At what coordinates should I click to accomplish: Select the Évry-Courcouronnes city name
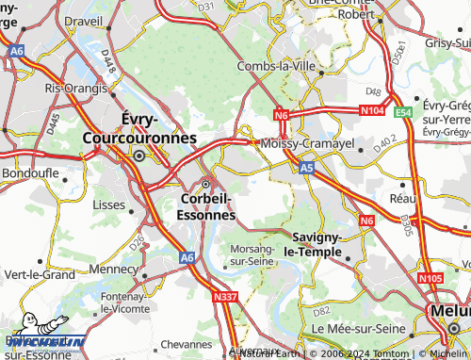pos(140,128)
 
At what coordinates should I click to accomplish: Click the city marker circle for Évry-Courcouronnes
pos(140,155)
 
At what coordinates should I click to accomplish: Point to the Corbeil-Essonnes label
pos(205,206)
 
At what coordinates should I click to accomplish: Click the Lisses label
pos(108,204)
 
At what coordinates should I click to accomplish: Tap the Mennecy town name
pos(111,269)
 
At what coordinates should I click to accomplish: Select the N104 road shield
pos(374,110)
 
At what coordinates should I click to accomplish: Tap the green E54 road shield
pos(403,111)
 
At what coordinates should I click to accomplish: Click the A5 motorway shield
pos(306,168)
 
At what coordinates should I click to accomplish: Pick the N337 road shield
pos(224,298)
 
